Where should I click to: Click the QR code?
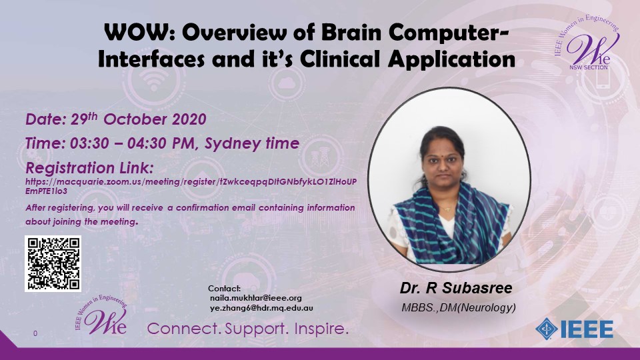pyautogui.click(x=53, y=264)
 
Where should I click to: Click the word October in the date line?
pyautogui.click(x=135, y=119)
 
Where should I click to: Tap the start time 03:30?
pyautogui.click(x=89, y=143)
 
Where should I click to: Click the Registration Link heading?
pyautogui.click(x=90, y=168)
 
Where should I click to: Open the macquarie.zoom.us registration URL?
pyautogui.click(x=191, y=186)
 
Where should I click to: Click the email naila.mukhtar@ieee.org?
pyautogui.click(x=256, y=298)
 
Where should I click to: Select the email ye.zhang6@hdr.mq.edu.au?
pyautogui.click(x=261, y=308)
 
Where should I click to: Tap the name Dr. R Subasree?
pyautogui.click(x=456, y=288)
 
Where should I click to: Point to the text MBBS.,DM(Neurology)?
pyautogui.click(x=459, y=307)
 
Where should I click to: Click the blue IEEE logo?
pyautogui.click(x=574, y=329)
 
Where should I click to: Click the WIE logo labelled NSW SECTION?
pyautogui.click(x=588, y=43)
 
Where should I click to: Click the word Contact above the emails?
pyautogui.click(x=225, y=289)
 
